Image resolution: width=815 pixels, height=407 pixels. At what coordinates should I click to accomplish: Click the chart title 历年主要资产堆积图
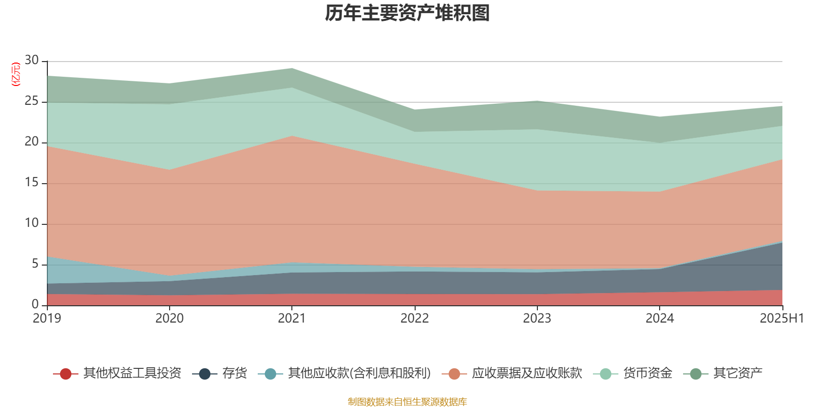407,13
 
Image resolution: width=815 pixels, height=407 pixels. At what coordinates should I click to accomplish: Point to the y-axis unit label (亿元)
16,74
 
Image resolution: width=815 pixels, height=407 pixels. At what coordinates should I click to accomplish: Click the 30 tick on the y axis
32,61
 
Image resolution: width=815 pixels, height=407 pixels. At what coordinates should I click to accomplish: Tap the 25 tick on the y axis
32,101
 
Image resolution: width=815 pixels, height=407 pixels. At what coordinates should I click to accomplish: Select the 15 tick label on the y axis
32,183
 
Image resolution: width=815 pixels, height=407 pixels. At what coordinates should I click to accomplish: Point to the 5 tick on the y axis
35,264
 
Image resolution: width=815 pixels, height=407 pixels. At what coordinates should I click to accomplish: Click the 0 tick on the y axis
35,305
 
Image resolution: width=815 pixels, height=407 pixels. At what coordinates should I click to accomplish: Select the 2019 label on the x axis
47,318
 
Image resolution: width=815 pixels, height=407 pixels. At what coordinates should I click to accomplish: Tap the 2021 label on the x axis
291,318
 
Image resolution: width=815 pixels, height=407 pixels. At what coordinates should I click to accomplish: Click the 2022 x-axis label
414,318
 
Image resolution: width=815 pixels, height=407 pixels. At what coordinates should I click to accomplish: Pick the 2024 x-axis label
660,318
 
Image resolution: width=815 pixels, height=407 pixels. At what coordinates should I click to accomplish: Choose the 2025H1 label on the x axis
781,318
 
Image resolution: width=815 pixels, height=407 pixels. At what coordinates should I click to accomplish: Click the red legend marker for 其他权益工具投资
65,374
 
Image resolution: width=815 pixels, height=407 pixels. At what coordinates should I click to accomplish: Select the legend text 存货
234,373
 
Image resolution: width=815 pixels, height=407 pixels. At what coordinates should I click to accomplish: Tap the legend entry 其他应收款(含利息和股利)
359,373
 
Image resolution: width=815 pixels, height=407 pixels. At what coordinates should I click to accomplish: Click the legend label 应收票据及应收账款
527,373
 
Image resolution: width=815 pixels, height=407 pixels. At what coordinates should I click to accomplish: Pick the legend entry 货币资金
647,373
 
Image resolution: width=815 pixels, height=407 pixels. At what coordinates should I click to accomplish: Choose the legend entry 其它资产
738,373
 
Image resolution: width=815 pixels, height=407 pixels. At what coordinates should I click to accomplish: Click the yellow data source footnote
407,402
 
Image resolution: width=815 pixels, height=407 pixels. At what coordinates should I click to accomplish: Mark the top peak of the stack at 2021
291,68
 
